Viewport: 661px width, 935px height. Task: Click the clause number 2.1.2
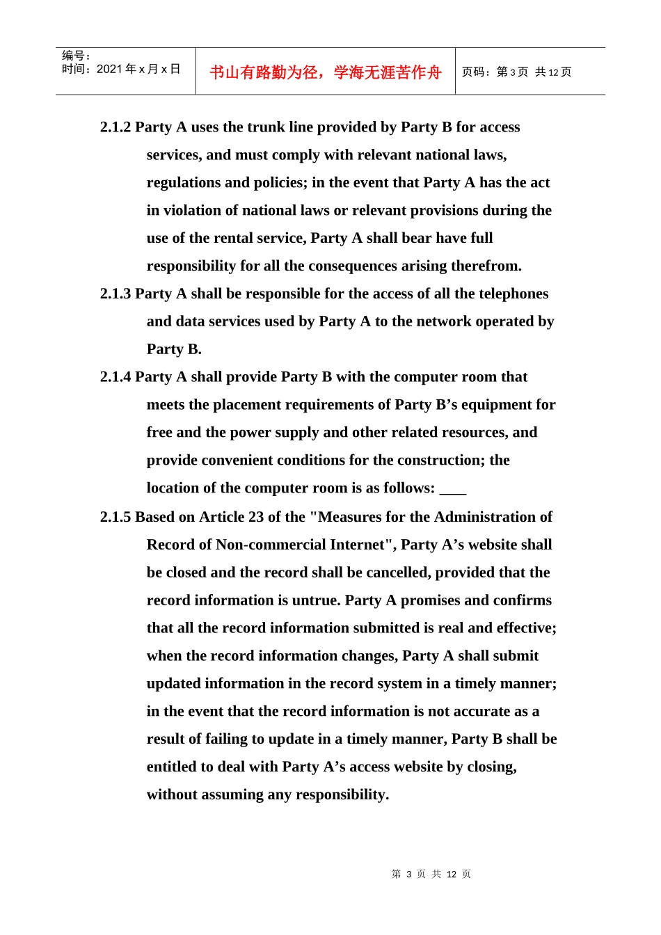[116, 127]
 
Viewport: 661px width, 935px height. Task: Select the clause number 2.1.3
[116, 294]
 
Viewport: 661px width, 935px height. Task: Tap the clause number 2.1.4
[116, 377]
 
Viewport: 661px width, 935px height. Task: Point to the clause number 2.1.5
[116, 518]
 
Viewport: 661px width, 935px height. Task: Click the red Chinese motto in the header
[325, 72]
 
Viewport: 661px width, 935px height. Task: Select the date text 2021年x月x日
[138, 69]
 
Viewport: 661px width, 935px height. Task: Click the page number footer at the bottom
[431, 874]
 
